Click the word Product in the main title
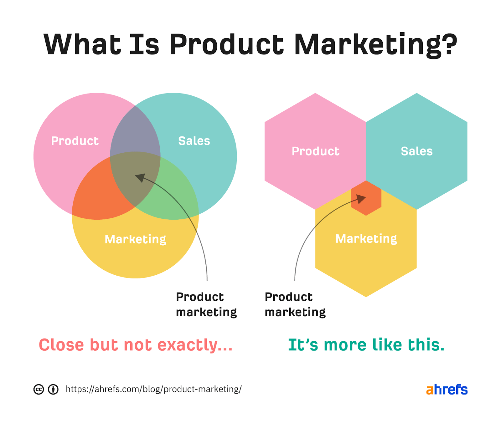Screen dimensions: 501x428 pos(226,44)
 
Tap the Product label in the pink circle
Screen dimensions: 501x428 pos(75,141)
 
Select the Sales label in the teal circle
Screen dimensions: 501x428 pos(194,141)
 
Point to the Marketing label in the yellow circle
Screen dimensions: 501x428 pos(135,239)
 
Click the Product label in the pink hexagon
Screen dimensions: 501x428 pos(316,151)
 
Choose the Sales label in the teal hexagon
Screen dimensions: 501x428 pos(417,151)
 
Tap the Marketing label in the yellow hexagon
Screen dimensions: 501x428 pos(366,239)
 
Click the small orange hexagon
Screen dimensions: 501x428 pos(366,198)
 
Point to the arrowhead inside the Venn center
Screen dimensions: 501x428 pos(140,178)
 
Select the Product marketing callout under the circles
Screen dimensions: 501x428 pos(206,304)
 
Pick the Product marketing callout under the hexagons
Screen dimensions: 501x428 pos(295,304)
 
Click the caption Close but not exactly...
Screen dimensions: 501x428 pos(136,345)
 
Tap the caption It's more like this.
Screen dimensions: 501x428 pos(366,345)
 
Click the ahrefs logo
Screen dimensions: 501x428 pos(447,390)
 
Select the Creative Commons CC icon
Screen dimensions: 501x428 pos(39,390)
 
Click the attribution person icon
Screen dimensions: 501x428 pos(53,390)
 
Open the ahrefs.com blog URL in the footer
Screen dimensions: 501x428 pos(153,389)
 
